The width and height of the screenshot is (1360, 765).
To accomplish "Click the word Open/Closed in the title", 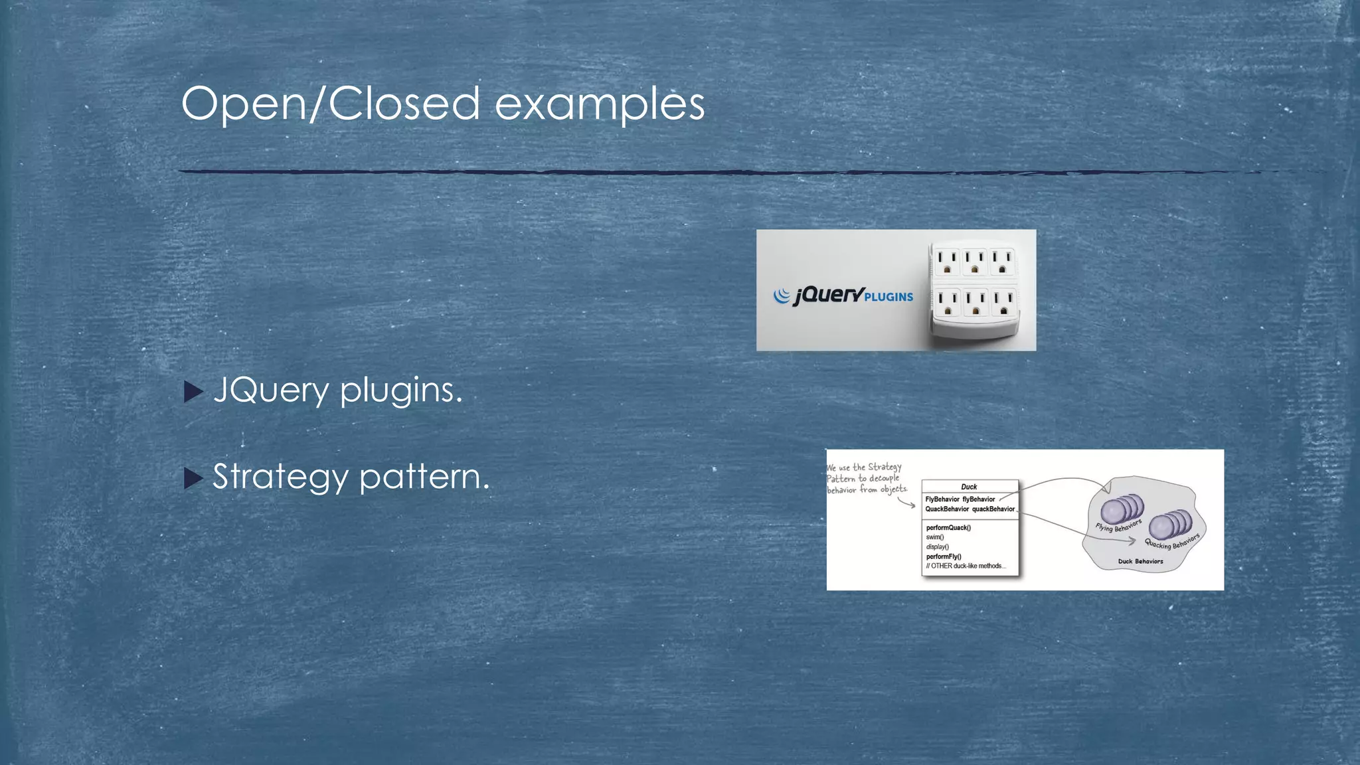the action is [330, 104].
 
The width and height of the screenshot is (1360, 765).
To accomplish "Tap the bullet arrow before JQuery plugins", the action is [193, 392].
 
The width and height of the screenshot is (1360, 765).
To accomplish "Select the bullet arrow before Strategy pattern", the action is [193, 478].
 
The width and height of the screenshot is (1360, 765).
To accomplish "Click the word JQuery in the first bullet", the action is [271, 390].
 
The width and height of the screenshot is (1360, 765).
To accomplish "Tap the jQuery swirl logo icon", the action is [782, 296].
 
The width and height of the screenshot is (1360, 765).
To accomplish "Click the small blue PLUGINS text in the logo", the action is [889, 297].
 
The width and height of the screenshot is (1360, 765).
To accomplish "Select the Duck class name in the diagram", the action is [969, 487].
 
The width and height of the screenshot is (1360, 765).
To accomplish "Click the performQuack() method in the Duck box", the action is [948, 528].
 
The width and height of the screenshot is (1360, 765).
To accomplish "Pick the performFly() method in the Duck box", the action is [944, 556].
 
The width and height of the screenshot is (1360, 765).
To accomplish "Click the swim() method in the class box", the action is [935, 537].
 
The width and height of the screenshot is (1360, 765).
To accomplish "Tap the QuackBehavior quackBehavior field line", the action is [970, 509].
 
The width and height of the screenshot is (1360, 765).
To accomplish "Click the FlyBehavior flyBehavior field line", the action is [960, 499].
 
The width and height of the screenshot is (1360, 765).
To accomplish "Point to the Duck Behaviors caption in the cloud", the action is [1140, 561].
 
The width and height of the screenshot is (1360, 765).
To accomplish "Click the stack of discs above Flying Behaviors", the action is [1122, 509].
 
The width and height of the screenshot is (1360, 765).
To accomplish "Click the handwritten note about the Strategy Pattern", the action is [865, 478].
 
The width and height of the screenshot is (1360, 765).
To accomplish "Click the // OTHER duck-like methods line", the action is [966, 566].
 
